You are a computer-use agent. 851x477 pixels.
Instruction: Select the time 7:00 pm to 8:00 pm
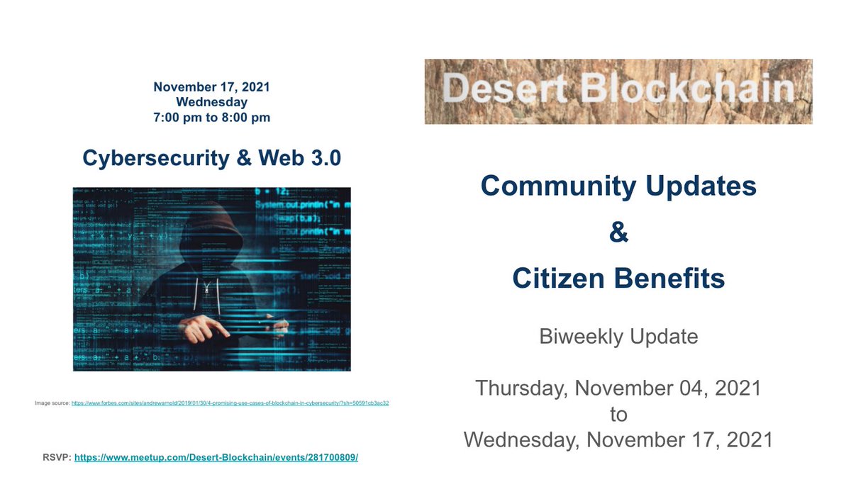point(211,118)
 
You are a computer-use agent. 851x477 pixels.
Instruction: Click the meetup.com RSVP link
point(216,457)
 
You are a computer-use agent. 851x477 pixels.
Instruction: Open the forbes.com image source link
point(230,403)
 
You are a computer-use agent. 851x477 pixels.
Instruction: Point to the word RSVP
point(57,457)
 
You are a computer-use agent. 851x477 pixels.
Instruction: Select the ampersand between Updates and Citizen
point(618,233)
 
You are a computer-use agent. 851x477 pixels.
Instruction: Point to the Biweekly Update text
point(618,336)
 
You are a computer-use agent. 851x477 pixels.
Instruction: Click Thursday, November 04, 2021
point(618,388)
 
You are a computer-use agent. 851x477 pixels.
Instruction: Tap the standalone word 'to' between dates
point(618,413)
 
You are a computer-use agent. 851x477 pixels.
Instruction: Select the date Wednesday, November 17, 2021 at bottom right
point(618,439)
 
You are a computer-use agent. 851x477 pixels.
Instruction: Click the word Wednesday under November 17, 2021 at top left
point(211,102)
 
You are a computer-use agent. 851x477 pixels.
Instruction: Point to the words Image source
point(52,403)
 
